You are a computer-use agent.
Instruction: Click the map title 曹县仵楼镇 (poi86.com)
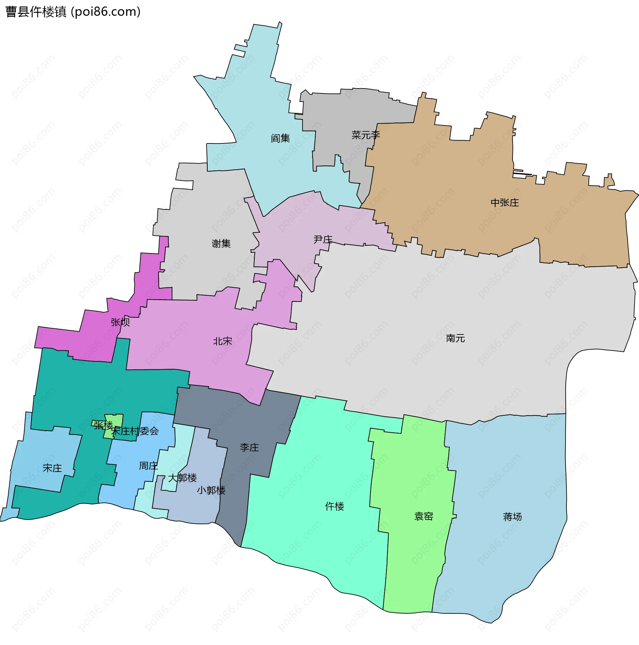[x=73, y=12]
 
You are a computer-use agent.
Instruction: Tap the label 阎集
[x=280, y=138]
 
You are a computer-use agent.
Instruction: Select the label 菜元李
[x=365, y=135]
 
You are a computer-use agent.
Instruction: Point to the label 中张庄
[x=505, y=203]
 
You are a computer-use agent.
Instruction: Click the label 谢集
[x=221, y=243]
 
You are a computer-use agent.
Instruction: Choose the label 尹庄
[x=323, y=239]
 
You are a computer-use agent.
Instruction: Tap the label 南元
[x=455, y=338]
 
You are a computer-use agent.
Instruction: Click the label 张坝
[x=120, y=322]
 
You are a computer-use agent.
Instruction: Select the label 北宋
[x=222, y=341]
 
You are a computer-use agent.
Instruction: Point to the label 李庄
[x=249, y=447]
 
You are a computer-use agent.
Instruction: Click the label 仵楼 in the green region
[x=334, y=506]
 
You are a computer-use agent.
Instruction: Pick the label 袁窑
[x=424, y=516]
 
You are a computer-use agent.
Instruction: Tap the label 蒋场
[x=512, y=517]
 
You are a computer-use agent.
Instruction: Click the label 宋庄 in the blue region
[x=52, y=468]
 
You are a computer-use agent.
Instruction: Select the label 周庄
[x=148, y=465]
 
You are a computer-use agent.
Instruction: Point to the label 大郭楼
[x=182, y=478]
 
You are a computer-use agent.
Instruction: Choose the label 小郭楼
[x=211, y=490]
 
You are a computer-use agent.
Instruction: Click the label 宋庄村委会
[x=135, y=431]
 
